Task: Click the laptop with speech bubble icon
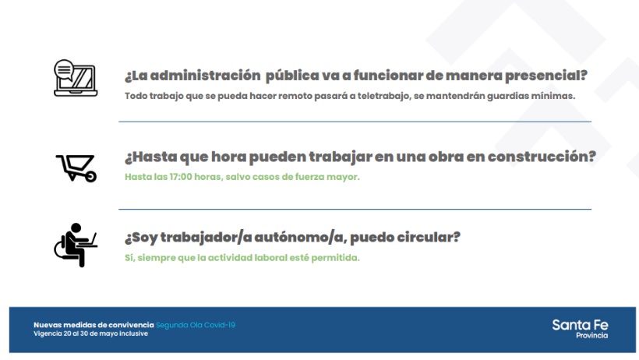76,78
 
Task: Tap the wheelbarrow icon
76,168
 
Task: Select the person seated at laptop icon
76,245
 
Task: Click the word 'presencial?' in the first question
546,76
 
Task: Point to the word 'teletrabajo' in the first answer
383,96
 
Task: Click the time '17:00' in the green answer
181,177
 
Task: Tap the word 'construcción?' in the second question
542,157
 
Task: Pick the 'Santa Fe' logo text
580,325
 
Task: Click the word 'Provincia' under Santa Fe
591,336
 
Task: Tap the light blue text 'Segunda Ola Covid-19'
196,326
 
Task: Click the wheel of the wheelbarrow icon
91,176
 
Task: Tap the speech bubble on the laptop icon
64,70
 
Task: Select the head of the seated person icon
76,228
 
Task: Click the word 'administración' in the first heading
206,76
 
